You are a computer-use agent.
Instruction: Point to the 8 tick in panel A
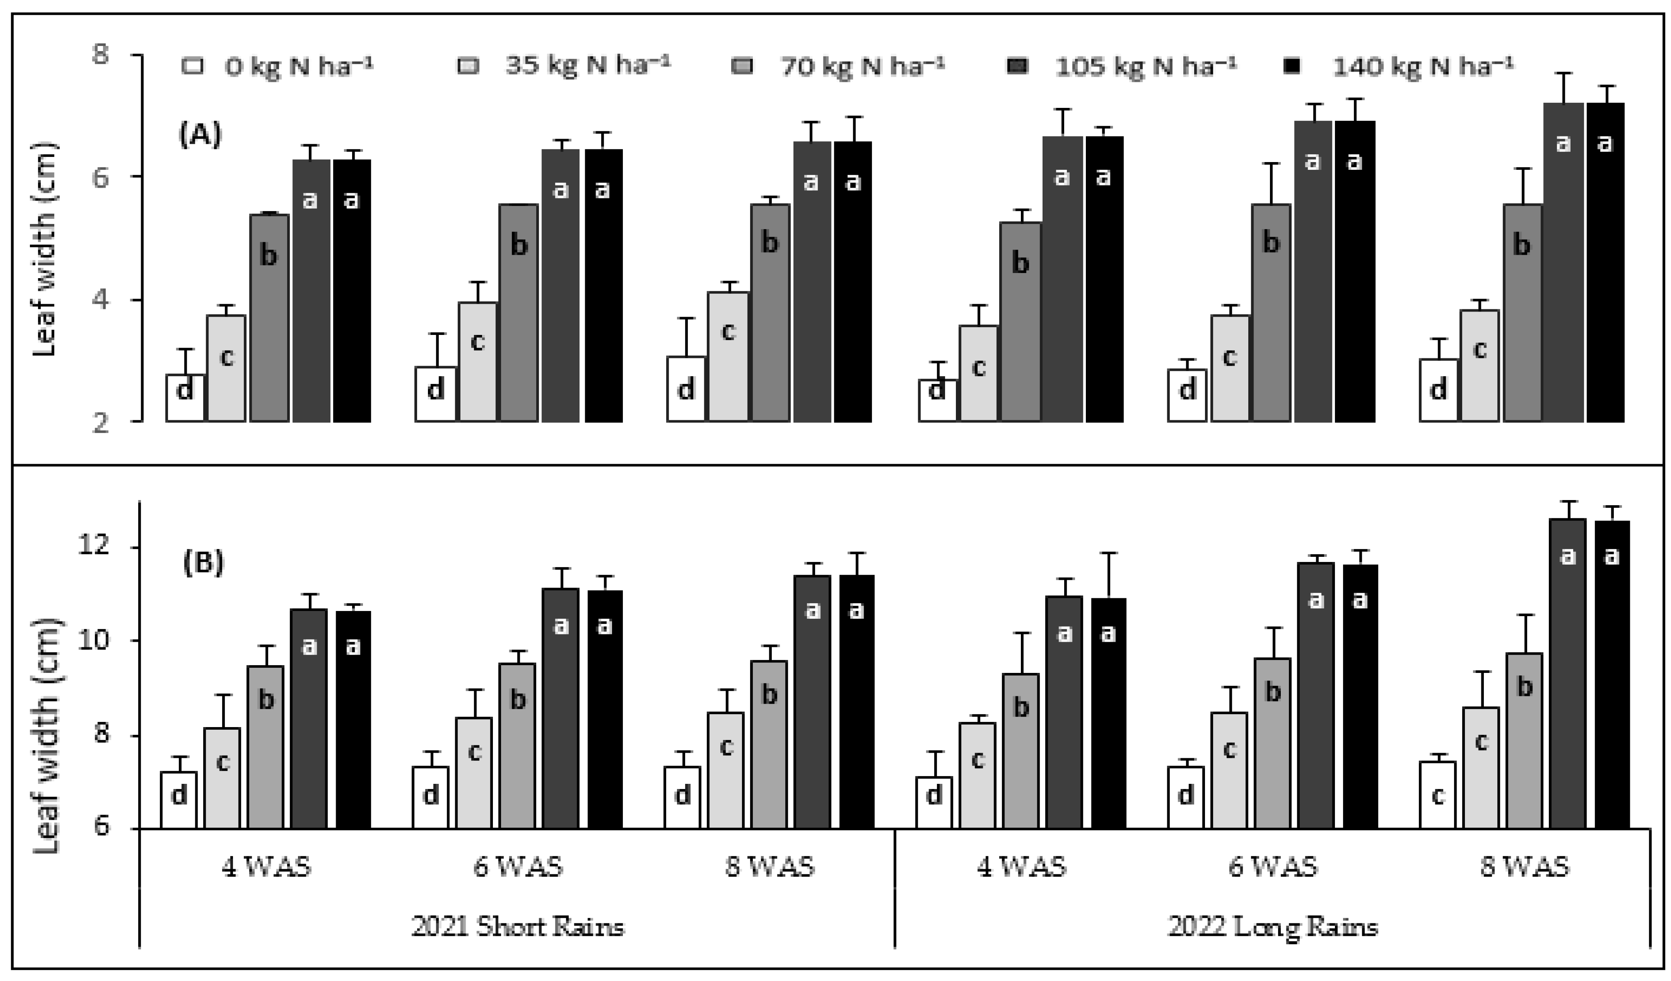pyautogui.click(x=101, y=55)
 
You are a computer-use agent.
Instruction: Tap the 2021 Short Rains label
pyautogui.click(x=517, y=926)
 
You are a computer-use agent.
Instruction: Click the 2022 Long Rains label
pyautogui.click(x=1273, y=926)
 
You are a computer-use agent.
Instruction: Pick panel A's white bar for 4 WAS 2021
pyautogui.click(x=185, y=398)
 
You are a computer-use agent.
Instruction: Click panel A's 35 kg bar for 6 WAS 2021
pyautogui.click(x=477, y=361)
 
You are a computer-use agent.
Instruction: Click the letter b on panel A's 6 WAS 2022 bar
pyautogui.click(x=1270, y=243)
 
